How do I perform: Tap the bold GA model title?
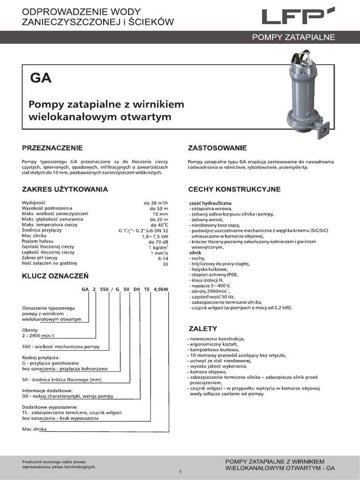[x=41, y=78]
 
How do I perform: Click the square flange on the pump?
[x=323, y=131]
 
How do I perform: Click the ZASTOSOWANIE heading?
[x=217, y=148]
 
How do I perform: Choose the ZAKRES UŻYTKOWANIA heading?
[x=65, y=189]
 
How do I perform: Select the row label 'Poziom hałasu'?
[x=38, y=240]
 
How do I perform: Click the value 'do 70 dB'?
[x=158, y=241]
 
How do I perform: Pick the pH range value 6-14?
[x=163, y=257]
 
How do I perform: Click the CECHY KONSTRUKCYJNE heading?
[x=234, y=189]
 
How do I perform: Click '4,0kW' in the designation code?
[x=161, y=289]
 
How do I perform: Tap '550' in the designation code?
[x=103, y=289]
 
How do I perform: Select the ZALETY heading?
[x=202, y=328]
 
